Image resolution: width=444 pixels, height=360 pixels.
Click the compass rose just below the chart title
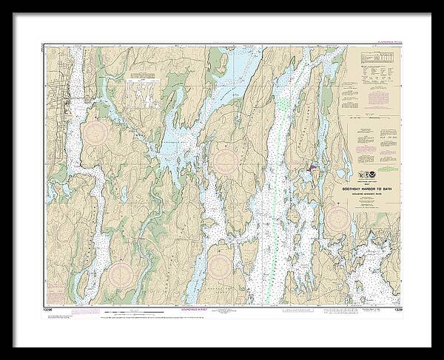(x=338, y=217)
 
